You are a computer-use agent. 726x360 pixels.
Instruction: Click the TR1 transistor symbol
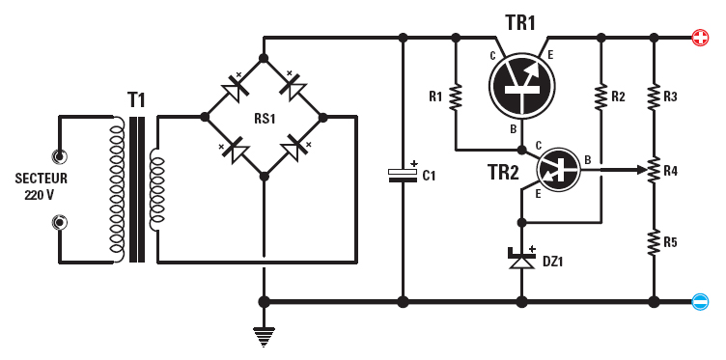(x=523, y=86)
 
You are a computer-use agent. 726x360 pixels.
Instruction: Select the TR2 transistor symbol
(x=559, y=171)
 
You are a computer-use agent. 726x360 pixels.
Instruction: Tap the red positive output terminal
(x=700, y=38)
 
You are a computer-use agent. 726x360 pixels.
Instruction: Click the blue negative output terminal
(x=700, y=302)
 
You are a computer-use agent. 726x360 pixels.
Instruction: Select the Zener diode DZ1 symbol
(x=522, y=259)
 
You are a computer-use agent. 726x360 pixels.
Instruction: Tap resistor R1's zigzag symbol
(x=456, y=97)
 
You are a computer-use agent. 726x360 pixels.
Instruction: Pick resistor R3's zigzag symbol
(x=654, y=97)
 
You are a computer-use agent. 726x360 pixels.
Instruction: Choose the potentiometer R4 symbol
(x=654, y=170)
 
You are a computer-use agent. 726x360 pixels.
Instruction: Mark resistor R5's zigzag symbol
(x=654, y=240)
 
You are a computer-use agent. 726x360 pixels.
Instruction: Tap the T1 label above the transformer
(x=138, y=99)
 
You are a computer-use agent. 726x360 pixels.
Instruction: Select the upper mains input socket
(x=60, y=155)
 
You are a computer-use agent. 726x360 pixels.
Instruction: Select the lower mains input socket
(x=60, y=223)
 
